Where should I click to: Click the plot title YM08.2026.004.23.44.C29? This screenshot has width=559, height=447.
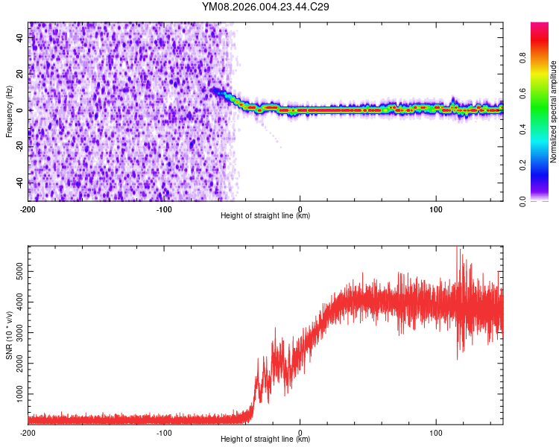(x=266, y=7)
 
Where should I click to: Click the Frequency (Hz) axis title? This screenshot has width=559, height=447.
(x=9, y=111)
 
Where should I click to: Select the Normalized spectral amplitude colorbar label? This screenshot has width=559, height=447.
(x=553, y=112)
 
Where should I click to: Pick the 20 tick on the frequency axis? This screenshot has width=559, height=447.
(x=21, y=74)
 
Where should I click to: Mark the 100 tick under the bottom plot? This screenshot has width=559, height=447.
(x=436, y=432)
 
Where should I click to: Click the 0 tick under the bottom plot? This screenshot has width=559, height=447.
(x=300, y=432)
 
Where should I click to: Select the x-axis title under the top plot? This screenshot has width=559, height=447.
(x=265, y=216)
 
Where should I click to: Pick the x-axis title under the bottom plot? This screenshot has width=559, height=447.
(x=265, y=440)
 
